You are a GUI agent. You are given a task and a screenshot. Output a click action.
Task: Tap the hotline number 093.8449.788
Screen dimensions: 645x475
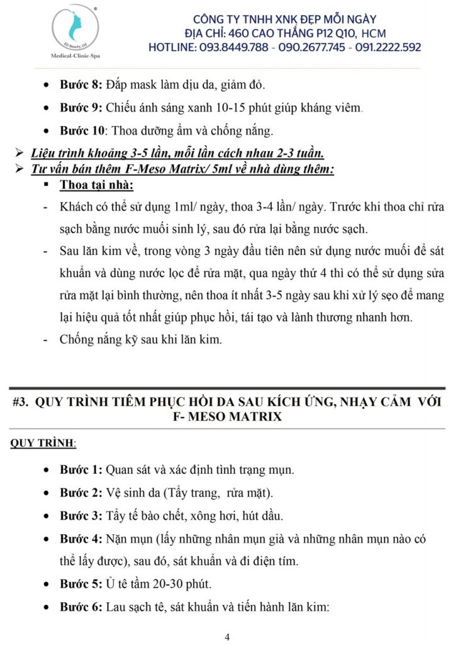coord(232,48)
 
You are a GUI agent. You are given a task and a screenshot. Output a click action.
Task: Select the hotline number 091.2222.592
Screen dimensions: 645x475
coord(384,48)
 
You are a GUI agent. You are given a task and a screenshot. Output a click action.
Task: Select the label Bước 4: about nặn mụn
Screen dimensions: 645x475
coord(81,539)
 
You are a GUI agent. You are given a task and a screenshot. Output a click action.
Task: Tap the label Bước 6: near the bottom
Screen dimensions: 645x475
coord(81,608)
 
